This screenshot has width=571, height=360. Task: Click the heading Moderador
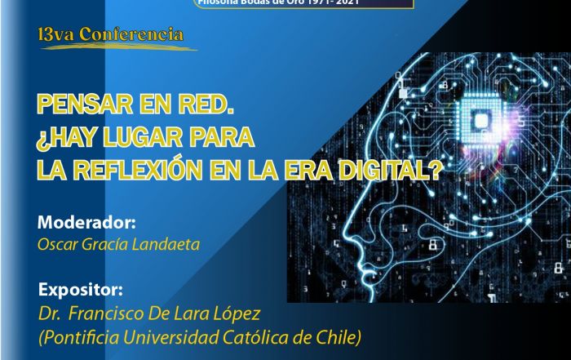coord(86,222)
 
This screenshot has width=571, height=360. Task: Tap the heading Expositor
coord(80,290)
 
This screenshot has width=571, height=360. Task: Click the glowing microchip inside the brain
coord(483,121)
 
